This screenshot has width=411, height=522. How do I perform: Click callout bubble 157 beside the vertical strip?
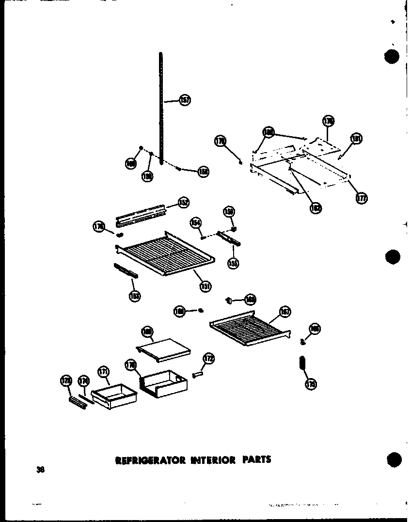185,100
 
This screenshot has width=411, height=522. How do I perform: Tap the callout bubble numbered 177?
362,198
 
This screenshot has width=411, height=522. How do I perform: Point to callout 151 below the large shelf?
205,286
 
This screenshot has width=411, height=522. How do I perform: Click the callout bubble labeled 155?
234,263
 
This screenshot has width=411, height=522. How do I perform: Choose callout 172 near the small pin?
209,359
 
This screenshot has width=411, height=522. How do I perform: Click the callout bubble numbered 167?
285,312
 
